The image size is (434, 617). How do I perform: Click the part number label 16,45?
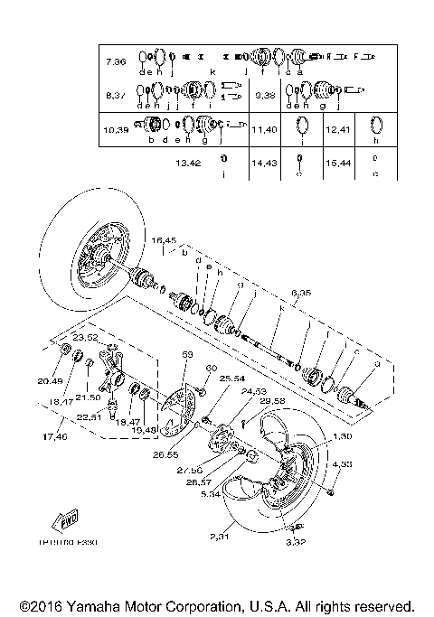(x=165, y=240)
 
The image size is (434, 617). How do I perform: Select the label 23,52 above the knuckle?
(x=85, y=337)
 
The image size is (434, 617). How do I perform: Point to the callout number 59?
(x=187, y=355)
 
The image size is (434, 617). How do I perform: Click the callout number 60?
(x=212, y=368)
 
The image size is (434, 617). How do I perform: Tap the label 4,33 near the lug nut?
(x=342, y=463)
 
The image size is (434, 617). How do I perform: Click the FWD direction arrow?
(x=69, y=522)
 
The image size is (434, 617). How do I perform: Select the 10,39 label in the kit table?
(x=117, y=130)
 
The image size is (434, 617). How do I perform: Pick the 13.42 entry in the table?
(x=189, y=164)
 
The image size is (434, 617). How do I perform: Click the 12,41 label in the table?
(x=337, y=130)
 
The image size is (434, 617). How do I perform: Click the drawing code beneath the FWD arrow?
(x=68, y=544)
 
